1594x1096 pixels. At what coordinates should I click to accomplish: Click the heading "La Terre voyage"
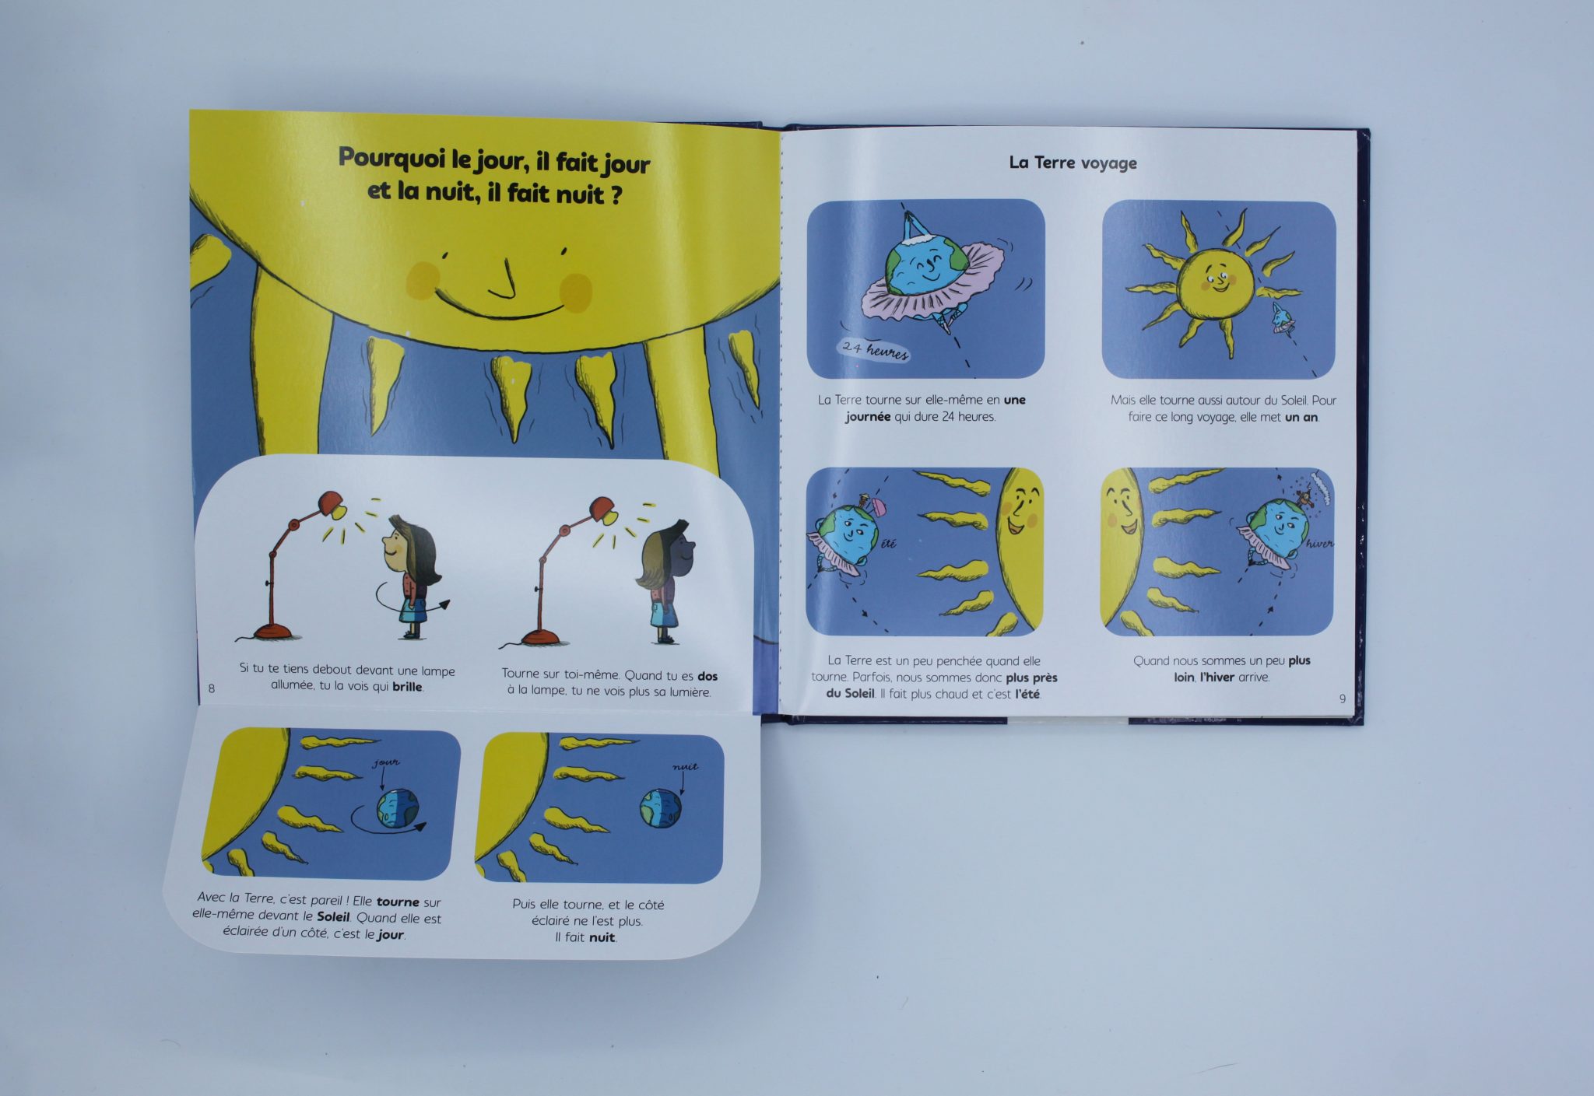click(1073, 163)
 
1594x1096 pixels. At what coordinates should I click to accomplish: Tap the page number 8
click(212, 688)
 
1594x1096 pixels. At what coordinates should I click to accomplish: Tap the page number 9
click(1342, 699)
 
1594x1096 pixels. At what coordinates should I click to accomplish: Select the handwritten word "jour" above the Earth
click(385, 762)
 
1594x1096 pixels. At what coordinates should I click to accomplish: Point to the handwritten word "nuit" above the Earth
click(685, 767)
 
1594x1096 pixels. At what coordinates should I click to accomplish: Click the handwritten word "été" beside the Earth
click(888, 544)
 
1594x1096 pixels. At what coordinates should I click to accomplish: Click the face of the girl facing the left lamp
click(392, 548)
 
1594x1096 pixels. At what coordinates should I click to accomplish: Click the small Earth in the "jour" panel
click(398, 808)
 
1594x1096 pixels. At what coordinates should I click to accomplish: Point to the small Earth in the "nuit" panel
click(661, 808)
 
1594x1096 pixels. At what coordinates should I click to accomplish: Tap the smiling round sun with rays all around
click(1215, 278)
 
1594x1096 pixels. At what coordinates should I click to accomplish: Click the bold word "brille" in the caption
click(407, 686)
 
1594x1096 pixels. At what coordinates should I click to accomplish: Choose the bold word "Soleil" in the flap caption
click(333, 918)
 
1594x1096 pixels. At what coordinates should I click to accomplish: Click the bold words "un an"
click(1301, 417)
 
